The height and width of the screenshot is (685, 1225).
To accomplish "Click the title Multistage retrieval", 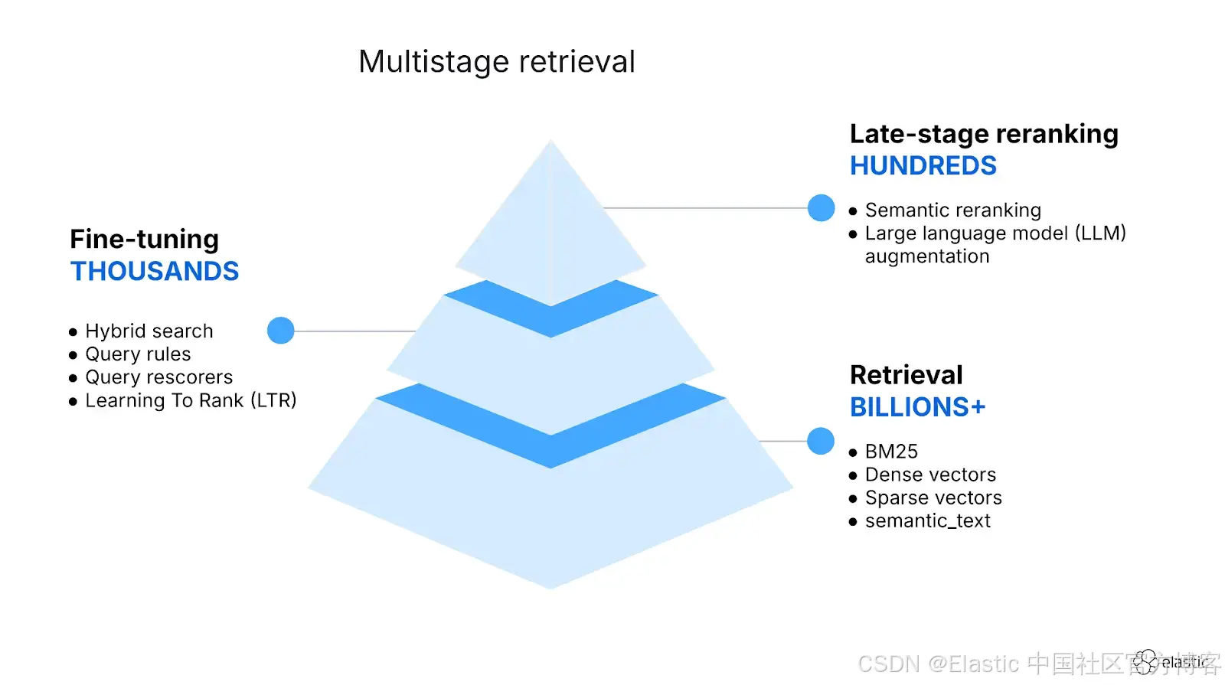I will [x=497, y=62].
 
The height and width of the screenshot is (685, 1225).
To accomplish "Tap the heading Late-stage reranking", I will [x=984, y=134].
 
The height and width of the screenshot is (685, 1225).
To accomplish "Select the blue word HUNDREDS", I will [x=923, y=166].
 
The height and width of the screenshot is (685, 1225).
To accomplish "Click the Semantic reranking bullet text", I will [x=952, y=210].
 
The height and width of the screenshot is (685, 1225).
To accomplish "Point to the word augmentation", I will [x=926, y=256].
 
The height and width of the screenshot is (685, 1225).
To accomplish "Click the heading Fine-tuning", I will [x=144, y=240].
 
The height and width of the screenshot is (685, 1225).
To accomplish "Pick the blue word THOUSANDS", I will [x=155, y=272].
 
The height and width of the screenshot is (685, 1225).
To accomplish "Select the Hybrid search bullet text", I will [x=149, y=331].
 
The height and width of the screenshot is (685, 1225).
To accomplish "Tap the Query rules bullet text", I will [x=138, y=354].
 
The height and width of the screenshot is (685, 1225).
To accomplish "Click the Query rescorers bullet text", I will [x=158, y=377].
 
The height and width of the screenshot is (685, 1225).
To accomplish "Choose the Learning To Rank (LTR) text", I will [x=191, y=400].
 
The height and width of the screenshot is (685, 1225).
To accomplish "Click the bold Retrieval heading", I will [x=906, y=375].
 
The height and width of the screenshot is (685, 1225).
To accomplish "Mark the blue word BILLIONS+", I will [x=917, y=407].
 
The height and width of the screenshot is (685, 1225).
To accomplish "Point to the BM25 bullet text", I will [x=891, y=452].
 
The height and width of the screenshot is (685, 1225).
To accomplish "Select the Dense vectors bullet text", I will [x=930, y=475].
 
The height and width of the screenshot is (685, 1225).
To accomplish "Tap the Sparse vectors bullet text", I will [x=933, y=497].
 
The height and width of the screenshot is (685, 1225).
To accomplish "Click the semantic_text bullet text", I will [x=927, y=521].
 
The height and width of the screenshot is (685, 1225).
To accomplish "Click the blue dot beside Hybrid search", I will [x=281, y=331].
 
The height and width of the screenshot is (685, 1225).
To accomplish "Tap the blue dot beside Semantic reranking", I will [x=821, y=207].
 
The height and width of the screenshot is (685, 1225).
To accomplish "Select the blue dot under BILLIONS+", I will [x=821, y=441].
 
